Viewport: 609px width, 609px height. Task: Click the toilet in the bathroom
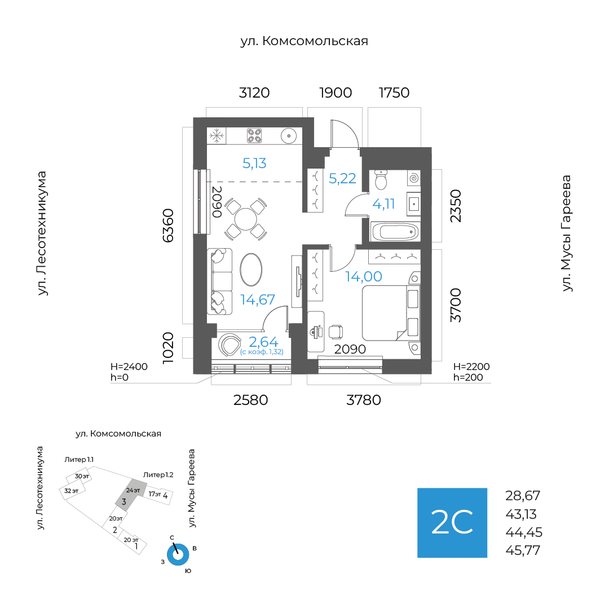tap(381, 181)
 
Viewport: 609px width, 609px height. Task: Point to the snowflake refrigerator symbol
tap(216, 135)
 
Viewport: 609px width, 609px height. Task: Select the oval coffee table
tap(251, 270)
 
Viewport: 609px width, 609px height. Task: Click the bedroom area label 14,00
tap(364, 276)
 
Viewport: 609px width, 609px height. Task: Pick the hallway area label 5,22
tap(342, 178)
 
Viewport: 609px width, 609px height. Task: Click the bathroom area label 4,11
tap(384, 204)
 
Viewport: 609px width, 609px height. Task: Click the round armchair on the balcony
tap(230, 345)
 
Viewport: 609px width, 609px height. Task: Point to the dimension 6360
tap(168, 225)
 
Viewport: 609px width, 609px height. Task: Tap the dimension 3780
tap(364, 400)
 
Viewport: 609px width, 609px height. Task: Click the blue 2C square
tap(452, 523)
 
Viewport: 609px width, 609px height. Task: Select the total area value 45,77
tap(523, 550)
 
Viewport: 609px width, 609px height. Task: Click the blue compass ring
tap(178, 554)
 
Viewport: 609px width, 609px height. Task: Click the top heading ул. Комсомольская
tap(304, 41)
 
